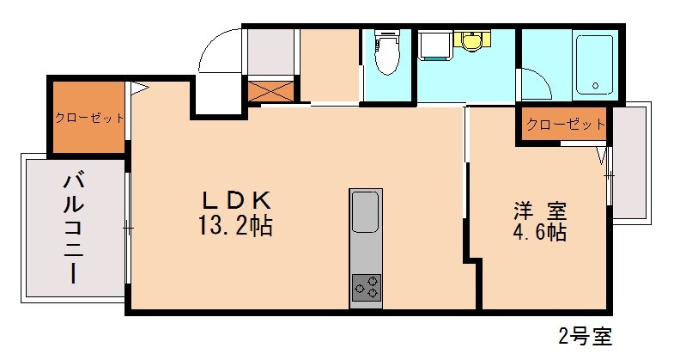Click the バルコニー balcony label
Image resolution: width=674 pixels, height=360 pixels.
click(73, 228)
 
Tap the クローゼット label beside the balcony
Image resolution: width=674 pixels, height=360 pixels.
click(89, 118)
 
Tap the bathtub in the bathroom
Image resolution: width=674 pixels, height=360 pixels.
click(594, 64)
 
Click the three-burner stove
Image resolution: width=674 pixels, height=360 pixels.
click(366, 286)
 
